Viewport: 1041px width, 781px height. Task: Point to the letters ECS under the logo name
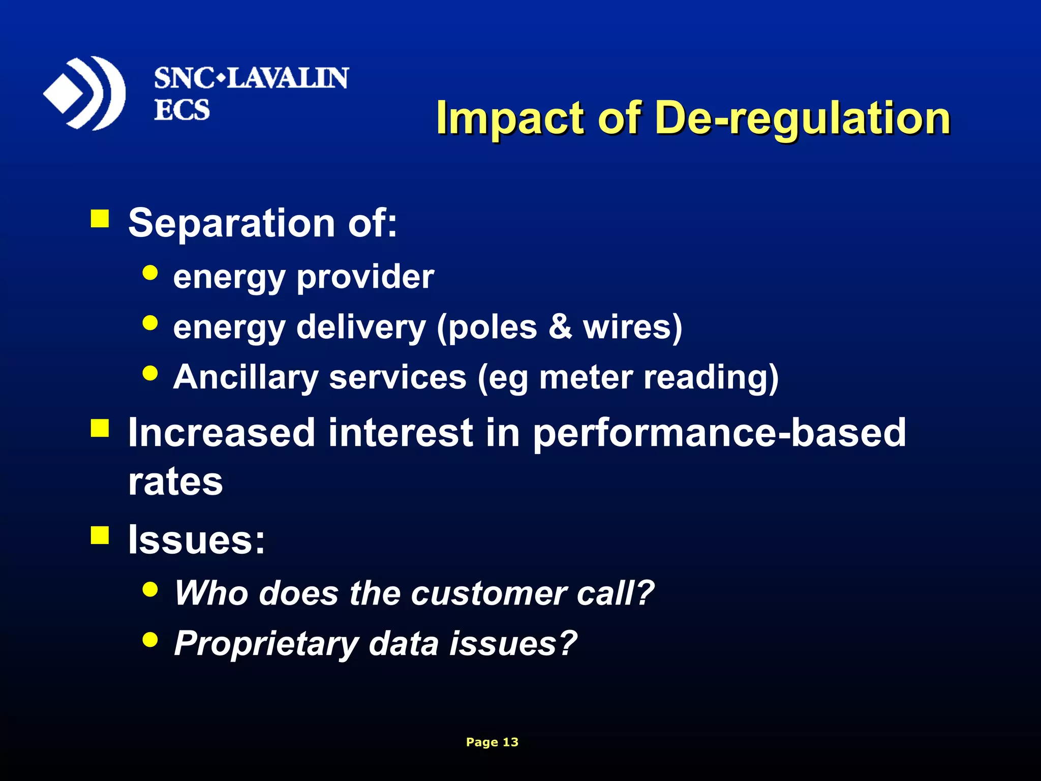(181, 110)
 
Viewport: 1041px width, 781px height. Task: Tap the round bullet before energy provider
(150, 273)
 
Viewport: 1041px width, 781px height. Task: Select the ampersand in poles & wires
(560, 326)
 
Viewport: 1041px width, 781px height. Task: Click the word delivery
(361, 327)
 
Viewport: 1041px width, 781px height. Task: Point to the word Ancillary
(246, 377)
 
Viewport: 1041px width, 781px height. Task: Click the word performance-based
(719, 433)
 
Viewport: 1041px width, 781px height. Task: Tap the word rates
(175, 482)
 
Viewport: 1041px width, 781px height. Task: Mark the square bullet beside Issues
(100, 535)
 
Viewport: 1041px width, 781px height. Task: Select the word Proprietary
(266, 644)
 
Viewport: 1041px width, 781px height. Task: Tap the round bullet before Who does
(150, 589)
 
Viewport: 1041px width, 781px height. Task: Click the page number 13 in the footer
(510, 742)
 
